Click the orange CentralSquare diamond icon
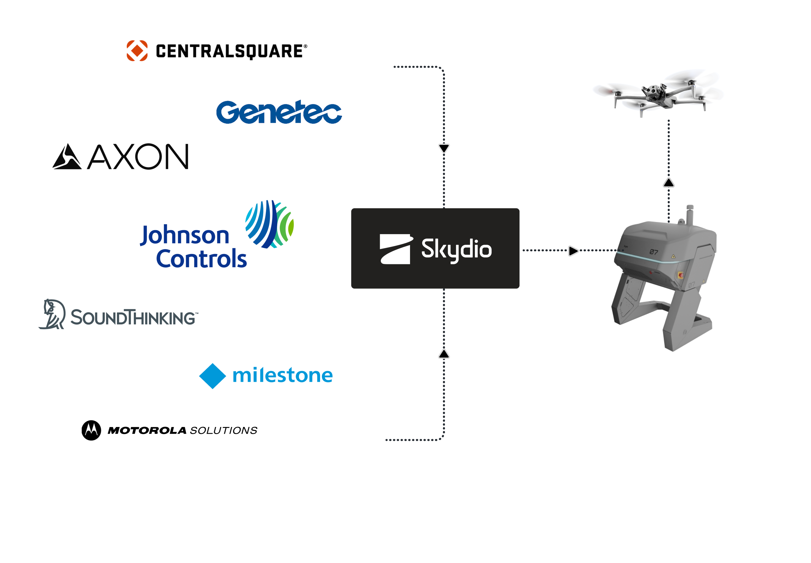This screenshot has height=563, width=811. point(137,51)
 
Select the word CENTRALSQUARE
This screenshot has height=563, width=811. point(229,51)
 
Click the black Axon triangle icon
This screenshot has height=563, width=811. point(67,157)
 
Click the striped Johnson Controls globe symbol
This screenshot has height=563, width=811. point(270,224)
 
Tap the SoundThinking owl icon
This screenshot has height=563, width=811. point(52,314)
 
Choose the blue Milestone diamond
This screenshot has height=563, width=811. point(213,376)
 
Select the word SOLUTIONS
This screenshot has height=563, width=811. point(224,430)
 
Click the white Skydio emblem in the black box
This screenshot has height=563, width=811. point(395,249)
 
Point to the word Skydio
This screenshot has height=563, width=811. point(456,249)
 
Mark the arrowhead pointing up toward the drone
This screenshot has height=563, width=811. point(669,183)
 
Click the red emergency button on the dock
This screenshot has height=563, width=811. point(680,275)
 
